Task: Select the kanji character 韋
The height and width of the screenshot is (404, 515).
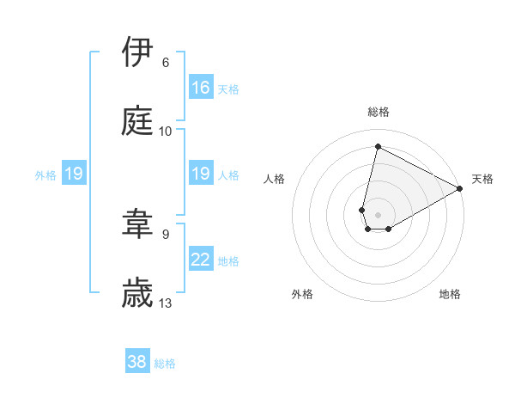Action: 138,224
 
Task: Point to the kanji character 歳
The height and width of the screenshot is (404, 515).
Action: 138,292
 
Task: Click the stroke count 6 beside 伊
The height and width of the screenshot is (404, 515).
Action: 165,63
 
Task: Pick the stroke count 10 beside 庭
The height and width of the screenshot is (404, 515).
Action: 166,132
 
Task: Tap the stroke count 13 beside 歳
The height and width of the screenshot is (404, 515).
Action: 166,303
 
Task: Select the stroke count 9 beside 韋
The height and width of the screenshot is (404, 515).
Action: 165,234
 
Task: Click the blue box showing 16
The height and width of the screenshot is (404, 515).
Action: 201,88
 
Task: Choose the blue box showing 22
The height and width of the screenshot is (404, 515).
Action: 201,260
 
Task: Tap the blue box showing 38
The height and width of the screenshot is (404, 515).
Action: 137,362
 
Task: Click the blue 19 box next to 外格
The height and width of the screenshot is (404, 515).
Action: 74,174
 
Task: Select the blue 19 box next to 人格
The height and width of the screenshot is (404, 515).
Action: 201,174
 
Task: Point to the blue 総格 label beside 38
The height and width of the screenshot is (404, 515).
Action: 165,364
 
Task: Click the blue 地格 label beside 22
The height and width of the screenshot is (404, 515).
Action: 228,261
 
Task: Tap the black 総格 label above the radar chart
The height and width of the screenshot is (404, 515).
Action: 379,112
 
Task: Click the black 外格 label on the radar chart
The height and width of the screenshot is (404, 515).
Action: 302,294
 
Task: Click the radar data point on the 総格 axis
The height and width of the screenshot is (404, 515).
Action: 378,146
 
